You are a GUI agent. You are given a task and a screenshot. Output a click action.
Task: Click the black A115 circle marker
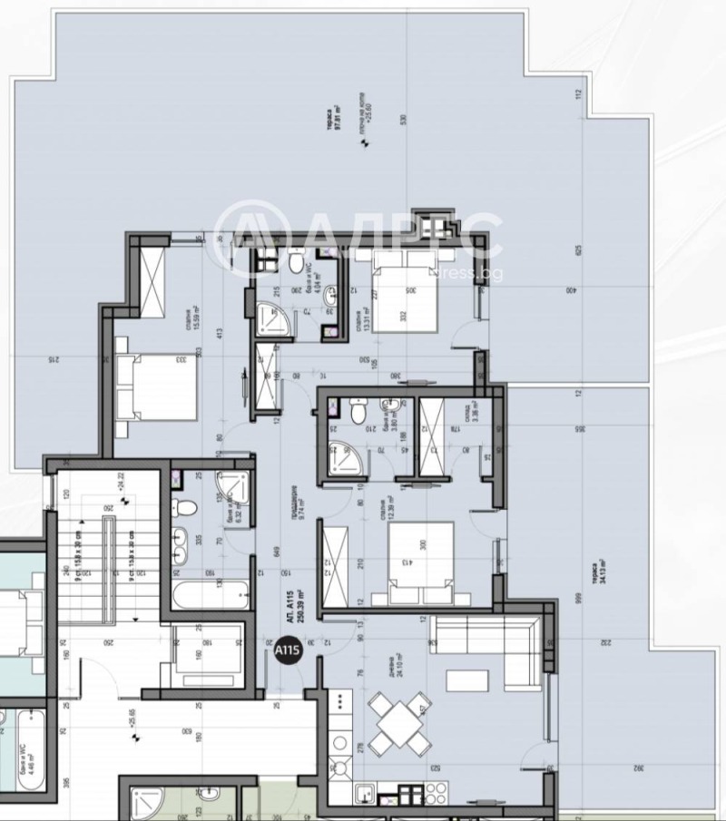click(287, 651)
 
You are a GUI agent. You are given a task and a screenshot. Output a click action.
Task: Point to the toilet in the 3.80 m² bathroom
click(360, 413)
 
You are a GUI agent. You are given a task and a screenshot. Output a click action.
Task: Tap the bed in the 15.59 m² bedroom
click(157, 386)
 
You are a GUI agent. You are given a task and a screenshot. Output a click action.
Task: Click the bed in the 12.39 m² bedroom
click(420, 562)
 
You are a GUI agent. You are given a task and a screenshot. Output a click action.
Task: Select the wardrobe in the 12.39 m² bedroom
click(330, 567)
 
